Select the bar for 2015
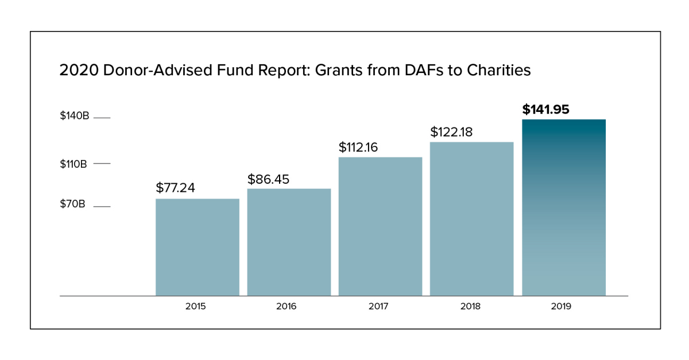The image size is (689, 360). pyautogui.click(x=197, y=247)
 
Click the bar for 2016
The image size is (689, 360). pyautogui.click(x=289, y=242)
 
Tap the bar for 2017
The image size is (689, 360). pyautogui.click(x=380, y=226)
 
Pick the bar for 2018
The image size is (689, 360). pyautogui.click(x=471, y=219)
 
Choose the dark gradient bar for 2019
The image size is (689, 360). pyautogui.click(x=563, y=207)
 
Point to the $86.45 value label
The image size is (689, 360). pyautogui.click(x=268, y=179)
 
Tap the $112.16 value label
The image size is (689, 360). pyautogui.click(x=358, y=147)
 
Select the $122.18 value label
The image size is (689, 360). pyautogui.click(x=451, y=132)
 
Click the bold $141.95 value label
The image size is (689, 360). pyautogui.click(x=545, y=109)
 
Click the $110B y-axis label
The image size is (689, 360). pyautogui.click(x=73, y=164)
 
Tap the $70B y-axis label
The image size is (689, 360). pyautogui.click(x=72, y=204)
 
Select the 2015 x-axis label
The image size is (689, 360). pyautogui.click(x=195, y=307)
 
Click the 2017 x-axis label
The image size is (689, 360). pyautogui.click(x=378, y=307)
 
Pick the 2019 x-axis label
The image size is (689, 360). pyautogui.click(x=561, y=307)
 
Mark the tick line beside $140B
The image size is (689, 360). pyautogui.click(x=101, y=118)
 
